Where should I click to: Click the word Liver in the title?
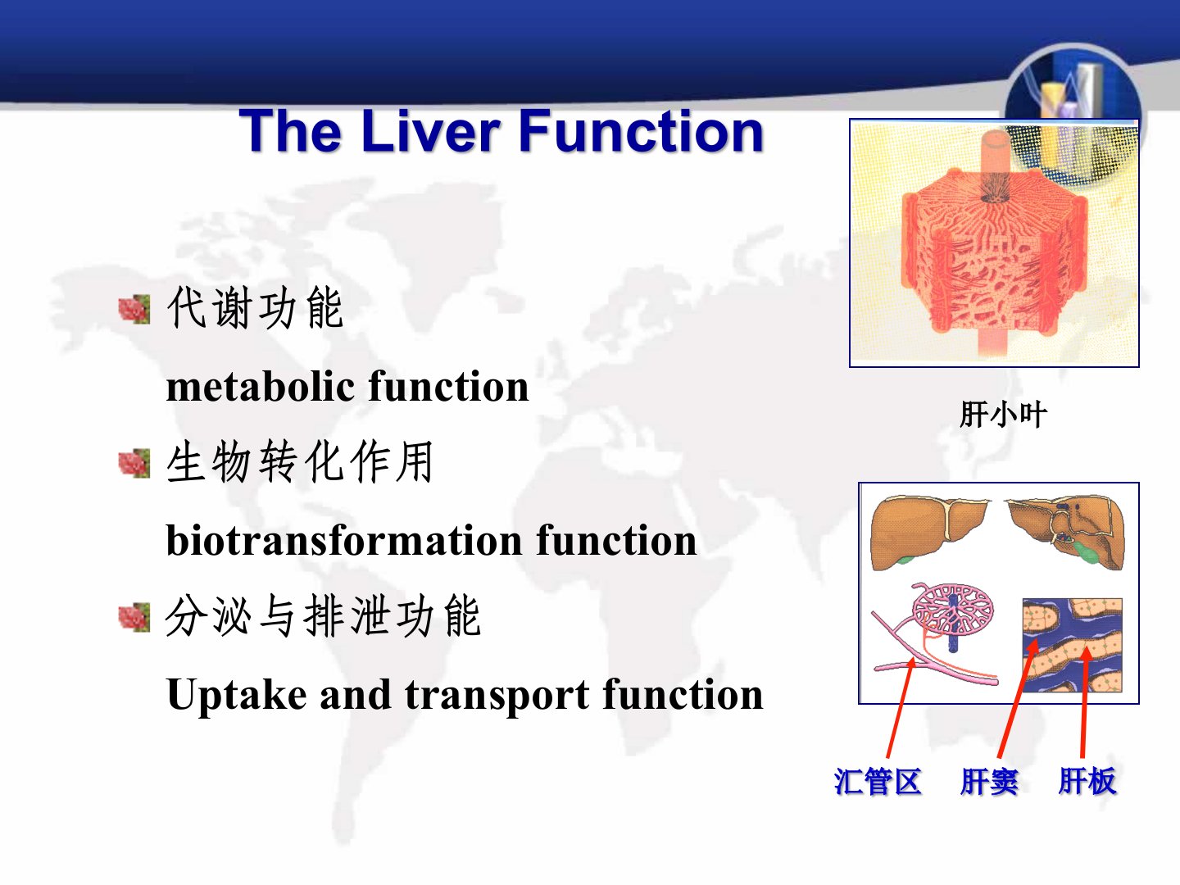pos(431,130)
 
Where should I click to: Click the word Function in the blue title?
pos(642,130)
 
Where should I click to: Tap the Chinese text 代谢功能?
pos(255,307)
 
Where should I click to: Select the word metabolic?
pos(261,386)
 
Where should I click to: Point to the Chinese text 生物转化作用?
pos(299,461)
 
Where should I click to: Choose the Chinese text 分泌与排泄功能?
pos(323,615)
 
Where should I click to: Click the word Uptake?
pos(237,695)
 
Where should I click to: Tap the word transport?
pos(497,696)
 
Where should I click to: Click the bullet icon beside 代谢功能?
pos(134,309)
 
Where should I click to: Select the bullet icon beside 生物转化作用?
pos(134,463)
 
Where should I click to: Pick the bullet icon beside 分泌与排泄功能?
pos(134,617)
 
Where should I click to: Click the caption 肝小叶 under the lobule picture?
pos(1003,415)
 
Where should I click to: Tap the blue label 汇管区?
pos(878,781)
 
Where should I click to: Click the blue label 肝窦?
pos(989,781)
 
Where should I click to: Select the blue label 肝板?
pos(1087,781)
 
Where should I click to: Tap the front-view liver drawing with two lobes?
pos(929,532)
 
